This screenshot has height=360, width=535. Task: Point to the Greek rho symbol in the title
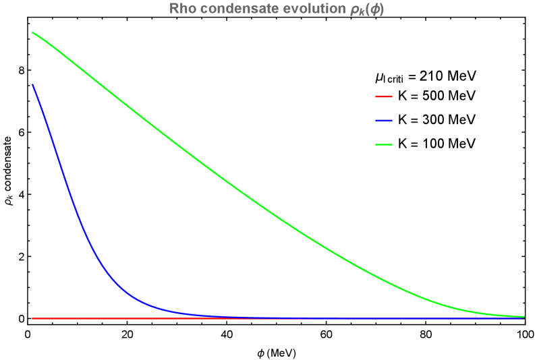point(354,11)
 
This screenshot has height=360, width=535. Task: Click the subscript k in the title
point(361,13)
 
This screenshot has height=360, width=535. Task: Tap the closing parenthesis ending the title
point(382,10)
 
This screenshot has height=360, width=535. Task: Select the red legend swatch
point(384,97)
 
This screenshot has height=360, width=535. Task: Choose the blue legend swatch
point(384,121)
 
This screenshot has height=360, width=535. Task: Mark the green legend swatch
point(384,144)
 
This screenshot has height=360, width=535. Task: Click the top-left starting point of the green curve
point(32,32)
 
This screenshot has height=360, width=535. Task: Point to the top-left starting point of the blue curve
point(32,85)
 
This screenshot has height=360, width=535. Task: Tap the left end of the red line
point(33,318)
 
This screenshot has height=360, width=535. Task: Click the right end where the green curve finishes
point(524,316)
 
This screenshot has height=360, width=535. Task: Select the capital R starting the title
point(173,9)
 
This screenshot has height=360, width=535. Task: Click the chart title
point(277,9)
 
